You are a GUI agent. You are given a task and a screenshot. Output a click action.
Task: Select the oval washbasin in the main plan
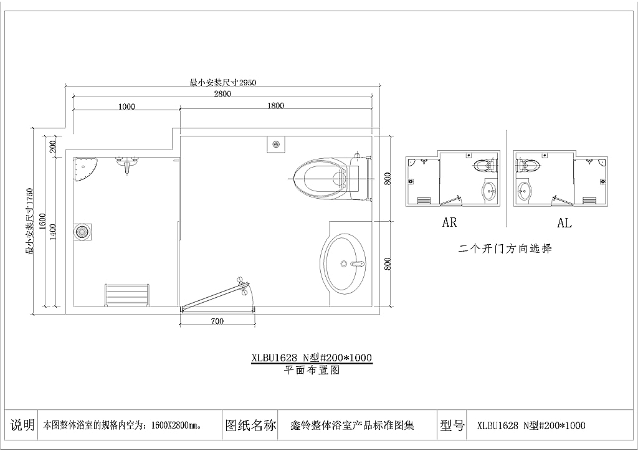click(343, 263)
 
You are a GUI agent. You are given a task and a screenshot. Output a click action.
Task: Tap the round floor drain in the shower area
click(82, 232)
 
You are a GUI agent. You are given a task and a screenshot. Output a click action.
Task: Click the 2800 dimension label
click(222, 94)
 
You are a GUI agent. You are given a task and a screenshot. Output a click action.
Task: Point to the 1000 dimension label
click(126, 107)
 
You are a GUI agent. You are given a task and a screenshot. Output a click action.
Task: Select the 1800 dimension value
click(275, 106)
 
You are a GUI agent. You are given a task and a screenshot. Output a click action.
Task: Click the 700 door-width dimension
click(217, 321)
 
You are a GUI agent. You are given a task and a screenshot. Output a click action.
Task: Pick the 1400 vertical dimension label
click(53, 232)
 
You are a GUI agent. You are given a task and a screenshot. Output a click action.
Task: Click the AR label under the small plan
click(449, 223)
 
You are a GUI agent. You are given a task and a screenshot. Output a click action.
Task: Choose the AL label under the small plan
click(564, 223)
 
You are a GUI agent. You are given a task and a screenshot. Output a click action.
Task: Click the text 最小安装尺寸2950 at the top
click(223, 82)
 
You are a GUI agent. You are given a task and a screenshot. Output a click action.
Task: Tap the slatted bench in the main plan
click(128, 295)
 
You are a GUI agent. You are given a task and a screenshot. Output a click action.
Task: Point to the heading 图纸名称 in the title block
click(250, 426)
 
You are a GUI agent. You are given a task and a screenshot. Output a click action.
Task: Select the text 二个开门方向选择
click(505, 249)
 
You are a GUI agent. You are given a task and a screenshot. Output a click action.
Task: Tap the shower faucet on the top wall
click(128, 164)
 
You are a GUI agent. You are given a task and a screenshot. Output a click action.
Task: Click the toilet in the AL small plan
click(530, 166)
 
